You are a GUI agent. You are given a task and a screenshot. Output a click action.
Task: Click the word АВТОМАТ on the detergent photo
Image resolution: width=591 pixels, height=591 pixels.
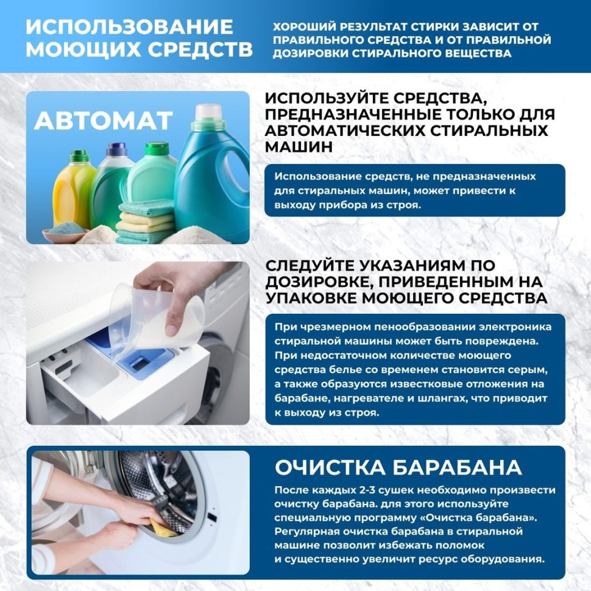pos(103,121)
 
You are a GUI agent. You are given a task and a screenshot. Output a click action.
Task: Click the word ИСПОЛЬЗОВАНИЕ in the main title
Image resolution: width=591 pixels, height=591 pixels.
pos(129,27)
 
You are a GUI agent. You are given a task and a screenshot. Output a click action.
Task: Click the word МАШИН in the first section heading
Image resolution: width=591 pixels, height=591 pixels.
pos(299,147)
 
